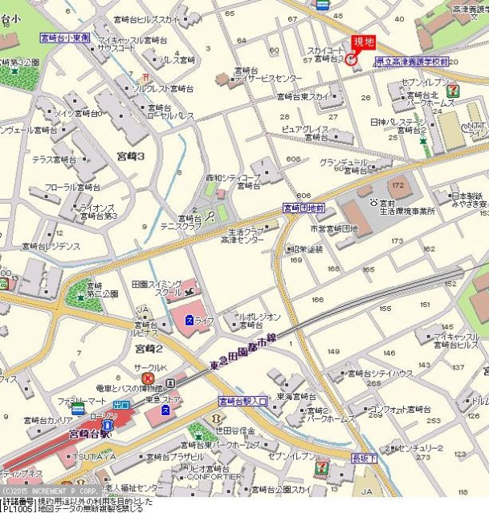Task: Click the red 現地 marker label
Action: tap(365, 42)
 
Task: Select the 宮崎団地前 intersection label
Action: tap(304, 208)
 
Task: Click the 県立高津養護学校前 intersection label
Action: tap(412, 61)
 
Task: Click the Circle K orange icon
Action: tap(148, 378)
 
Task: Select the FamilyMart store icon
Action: tap(78, 409)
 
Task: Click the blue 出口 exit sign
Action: tap(121, 406)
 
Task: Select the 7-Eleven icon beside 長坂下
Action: tap(320, 467)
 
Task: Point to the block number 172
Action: tap(397, 185)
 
